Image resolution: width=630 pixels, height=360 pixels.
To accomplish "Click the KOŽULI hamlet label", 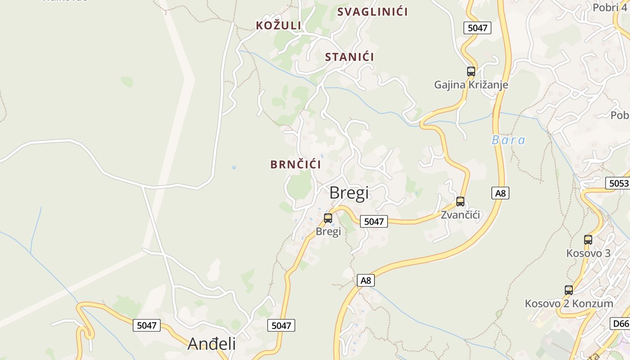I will pos(279,25).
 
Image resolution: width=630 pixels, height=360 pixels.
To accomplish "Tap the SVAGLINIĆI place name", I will pos(373,12).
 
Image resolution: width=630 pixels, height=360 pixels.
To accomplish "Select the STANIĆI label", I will pos(350,57).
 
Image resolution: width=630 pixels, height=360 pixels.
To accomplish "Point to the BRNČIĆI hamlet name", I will pos(296,164).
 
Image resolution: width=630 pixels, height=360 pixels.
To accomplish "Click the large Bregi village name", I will pos(349,193).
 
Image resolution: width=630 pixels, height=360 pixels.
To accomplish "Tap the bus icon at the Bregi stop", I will pos(328,218).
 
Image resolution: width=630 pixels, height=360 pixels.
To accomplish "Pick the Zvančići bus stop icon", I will pos(460,201).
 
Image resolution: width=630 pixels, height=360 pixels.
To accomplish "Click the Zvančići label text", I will pos(460,215).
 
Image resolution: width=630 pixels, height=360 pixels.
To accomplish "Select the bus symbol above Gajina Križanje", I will pos(471,71).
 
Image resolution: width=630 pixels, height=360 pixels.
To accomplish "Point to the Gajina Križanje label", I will pos(471,85).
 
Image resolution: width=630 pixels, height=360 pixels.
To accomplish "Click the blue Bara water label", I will pos(508,140).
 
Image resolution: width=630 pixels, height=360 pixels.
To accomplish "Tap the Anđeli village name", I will pos(211,343).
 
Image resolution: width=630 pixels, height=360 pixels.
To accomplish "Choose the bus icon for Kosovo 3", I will pos(588,239).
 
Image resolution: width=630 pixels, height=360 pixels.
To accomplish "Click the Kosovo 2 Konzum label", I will pos(569,303).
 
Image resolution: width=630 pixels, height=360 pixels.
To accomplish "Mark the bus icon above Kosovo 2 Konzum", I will pos(569,290).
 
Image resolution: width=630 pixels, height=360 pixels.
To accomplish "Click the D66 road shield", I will pos(621,323).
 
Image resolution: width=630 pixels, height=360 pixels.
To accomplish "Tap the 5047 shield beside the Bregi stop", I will pos(373,221).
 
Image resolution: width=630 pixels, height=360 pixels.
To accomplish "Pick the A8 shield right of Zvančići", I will pos(500,193).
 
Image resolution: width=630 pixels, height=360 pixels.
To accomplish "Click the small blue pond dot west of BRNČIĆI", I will pos(234,167).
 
